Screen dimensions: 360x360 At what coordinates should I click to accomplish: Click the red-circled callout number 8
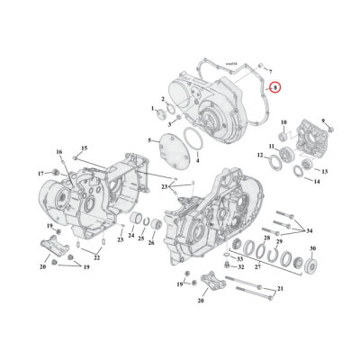coord(276,87)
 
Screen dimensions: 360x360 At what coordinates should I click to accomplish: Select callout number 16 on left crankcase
coord(58,153)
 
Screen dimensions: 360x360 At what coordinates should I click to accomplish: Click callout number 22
coord(97,257)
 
